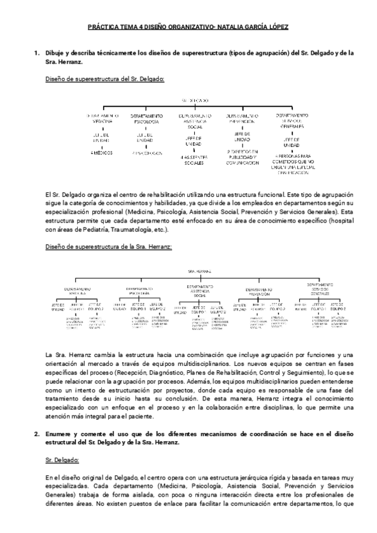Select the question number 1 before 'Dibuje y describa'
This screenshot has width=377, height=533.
(x=37, y=53)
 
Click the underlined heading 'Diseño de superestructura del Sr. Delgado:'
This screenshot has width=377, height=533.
(x=106, y=79)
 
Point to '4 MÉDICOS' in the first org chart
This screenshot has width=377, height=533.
(x=102, y=152)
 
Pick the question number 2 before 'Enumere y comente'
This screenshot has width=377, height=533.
(x=37, y=434)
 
